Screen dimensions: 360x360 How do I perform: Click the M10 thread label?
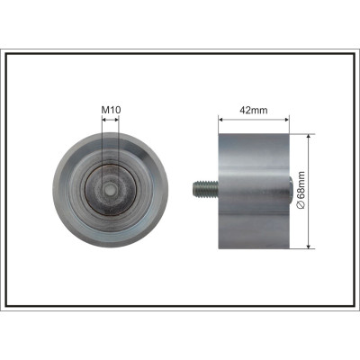point(111,110)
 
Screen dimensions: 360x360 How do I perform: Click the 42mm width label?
point(254,111)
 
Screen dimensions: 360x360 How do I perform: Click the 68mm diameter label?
point(301,190)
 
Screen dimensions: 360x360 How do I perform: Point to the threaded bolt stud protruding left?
point(205,188)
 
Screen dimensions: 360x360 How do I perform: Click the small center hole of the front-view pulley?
point(111,189)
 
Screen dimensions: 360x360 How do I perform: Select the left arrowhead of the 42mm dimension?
point(221,120)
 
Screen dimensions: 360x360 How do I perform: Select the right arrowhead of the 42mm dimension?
point(286,120)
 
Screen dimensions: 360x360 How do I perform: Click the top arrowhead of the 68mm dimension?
point(309,137)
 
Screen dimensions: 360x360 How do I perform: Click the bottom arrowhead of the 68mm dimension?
point(309,246)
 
